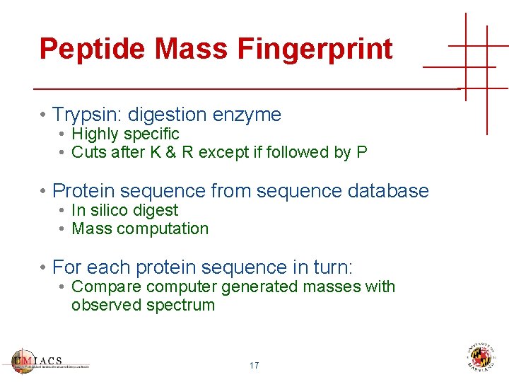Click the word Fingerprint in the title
coord(315,49)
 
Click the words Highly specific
coord(125,134)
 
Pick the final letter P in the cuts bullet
coord(363,152)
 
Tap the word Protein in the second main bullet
coord(83,191)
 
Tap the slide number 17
coord(254,366)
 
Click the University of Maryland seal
coord(482,358)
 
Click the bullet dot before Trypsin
coord(44,115)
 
